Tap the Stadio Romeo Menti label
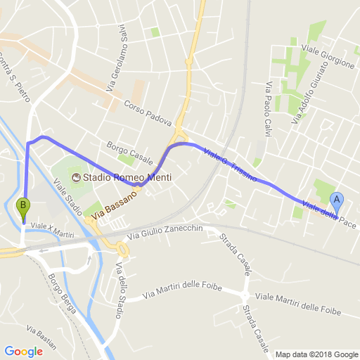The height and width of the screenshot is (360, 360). click(127, 177)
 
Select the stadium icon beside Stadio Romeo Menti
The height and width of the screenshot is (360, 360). click(75, 177)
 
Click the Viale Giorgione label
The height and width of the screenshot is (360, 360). click(328, 56)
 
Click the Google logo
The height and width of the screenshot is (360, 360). click(23, 352)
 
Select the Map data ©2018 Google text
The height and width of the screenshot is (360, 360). click(316, 354)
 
